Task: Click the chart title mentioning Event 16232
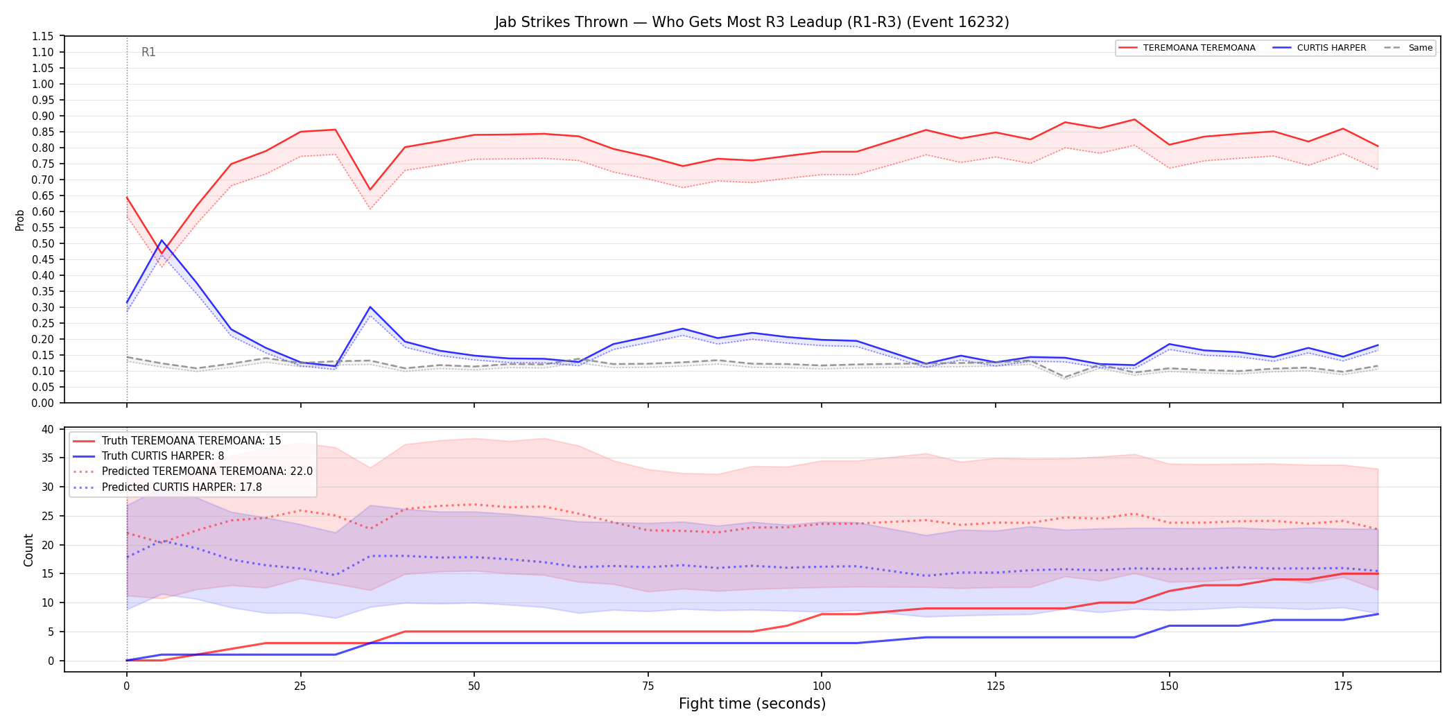coord(752,22)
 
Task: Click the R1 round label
coord(148,52)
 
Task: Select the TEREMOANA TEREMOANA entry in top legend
coord(1186,48)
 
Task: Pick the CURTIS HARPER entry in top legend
coord(1319,48)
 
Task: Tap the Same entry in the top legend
coord(1408,48)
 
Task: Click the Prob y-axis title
coord(20,220)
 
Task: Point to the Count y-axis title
coord(28,550)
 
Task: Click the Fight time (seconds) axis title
coord(752,704)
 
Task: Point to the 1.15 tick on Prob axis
coord(43,36)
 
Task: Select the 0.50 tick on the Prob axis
coord(43,243)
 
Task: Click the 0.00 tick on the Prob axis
coord(43,403)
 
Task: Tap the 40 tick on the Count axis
coord(48,429)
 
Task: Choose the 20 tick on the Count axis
coord(48,545)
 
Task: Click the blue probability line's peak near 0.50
coord(162,241)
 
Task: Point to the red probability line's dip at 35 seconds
coord(370,189)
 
